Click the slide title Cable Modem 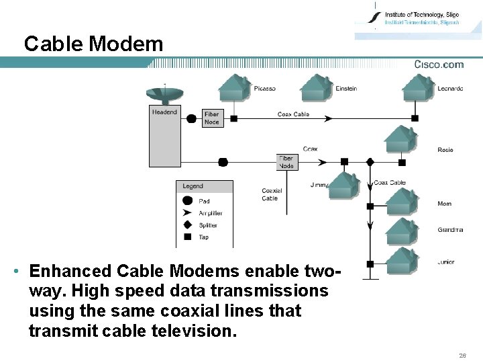pyautogui.click(x=93, y=44)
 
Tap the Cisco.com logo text pyautogui.click(x=439, y=65)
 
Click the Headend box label pyautogui.click(x=164, y=112)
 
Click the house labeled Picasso pyautogui.click(x=234, y=87)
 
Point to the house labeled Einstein pyautogui.click(x=316, y=87)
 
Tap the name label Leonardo pyautogui.click(x=450, y=89)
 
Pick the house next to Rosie pyautogui.click(x=400, y=139)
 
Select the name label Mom pyautogui.click(x=444, y=204)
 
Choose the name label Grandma pyautogui.click(x=450, y=230)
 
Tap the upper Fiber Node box pyautogui.click(x=212, y=118)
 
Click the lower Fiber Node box pyautogui.click(x=286, y=162)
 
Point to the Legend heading pyautogui.click(x=193, y=186)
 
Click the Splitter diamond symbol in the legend pyautogui.click(x=187, y=225)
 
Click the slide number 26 pyautogui.click(x=462, y=355)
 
